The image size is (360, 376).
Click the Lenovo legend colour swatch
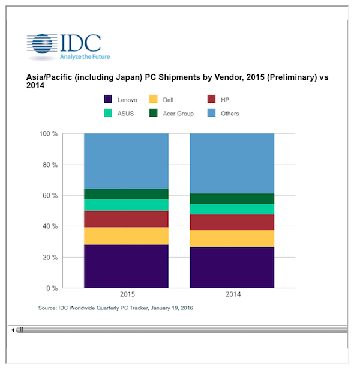[109, 99]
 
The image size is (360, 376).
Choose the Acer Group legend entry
[170, 113]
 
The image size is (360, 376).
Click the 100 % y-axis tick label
[48, 133]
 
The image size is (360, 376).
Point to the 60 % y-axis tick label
[50, 195]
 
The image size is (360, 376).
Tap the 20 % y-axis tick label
[50, 257]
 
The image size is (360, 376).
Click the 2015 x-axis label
[126, 295]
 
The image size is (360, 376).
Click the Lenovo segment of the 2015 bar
[126, 266]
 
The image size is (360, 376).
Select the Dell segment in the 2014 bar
[232, 238]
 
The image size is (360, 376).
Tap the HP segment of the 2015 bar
[126, 219]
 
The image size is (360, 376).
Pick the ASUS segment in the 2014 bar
[232, 209]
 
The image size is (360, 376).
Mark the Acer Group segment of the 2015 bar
[126, 194]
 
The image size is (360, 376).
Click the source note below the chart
[116, 308]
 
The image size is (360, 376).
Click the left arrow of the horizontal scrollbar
[13, 330]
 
